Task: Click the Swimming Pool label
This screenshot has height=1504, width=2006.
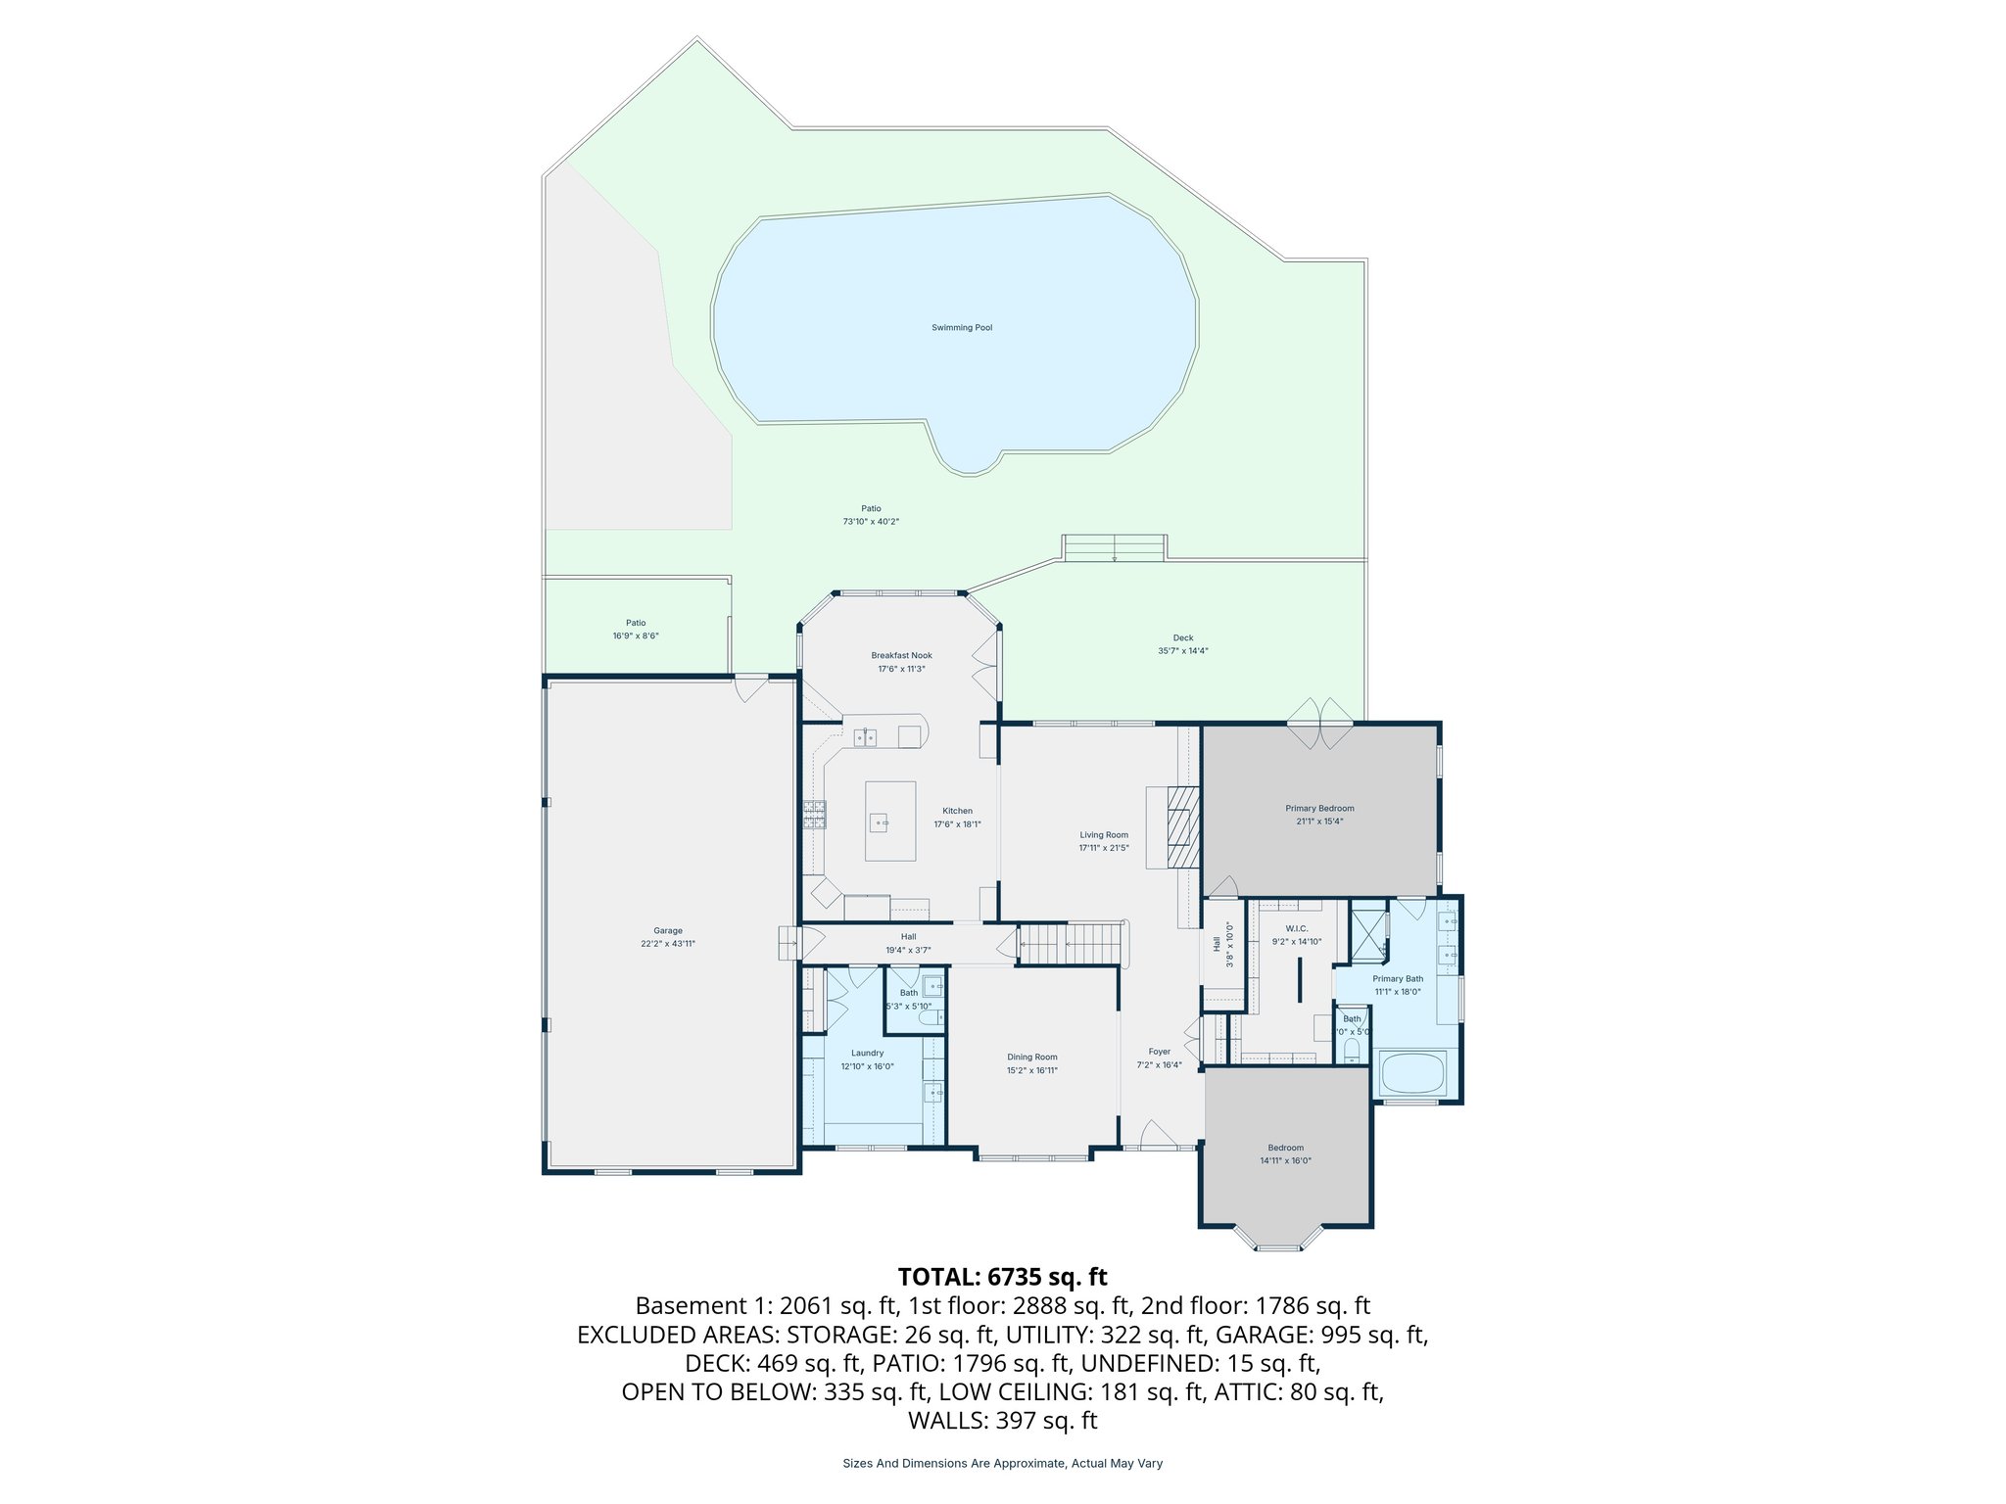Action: pos(961,328)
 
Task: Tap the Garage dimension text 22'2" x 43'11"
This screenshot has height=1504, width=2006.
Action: pos(668,944)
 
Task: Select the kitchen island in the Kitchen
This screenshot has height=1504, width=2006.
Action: pos(890,821)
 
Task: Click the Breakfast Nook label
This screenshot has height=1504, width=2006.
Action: pos(901,656)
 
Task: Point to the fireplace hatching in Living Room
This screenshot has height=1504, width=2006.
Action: pos(1183,827)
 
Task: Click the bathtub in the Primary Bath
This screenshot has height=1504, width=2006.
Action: pos(1412,1073)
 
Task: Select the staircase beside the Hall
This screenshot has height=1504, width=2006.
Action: pos(1071,945)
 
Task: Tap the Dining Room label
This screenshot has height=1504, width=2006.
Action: pos(1031,1057)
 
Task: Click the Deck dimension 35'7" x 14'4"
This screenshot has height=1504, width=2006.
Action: pos(1182,651)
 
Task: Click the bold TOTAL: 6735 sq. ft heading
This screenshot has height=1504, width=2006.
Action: pos(1002,1277)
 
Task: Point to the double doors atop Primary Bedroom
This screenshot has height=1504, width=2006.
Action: pos(1319,725)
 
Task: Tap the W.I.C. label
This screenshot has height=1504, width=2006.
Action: pos(1296,928)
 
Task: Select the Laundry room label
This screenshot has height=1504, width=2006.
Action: pos(867,1054)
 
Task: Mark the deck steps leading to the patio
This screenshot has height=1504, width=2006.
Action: pos(1115,548)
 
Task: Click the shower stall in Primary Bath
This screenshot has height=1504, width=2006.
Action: pos(1368,933)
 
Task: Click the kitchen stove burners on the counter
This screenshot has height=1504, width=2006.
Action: pos(815,814)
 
